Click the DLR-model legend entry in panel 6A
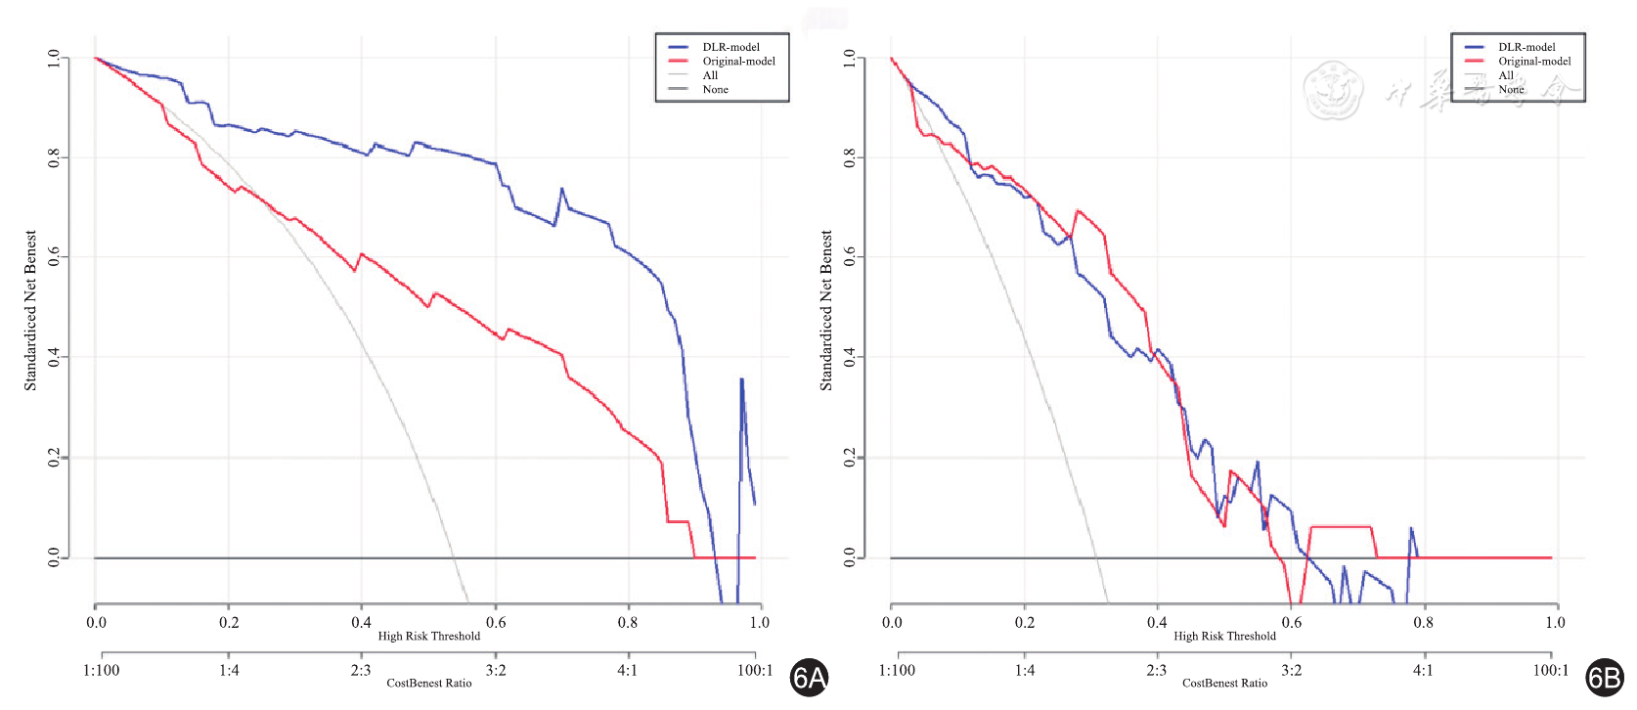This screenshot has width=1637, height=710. [730, 47]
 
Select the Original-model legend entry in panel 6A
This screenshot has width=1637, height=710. [737, 61]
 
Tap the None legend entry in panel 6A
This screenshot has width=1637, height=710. [715, 89]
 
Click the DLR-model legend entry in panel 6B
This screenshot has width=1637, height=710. [1526, 47]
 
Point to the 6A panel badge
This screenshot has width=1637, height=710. [809, 677]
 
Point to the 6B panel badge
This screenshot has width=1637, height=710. [1605, 677]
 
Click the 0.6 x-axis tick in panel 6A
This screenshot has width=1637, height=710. [496, 622]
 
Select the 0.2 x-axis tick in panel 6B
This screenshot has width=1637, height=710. [1025, 622]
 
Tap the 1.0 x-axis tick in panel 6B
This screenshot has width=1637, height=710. [1555, 622]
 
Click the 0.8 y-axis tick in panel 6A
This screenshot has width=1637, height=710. [55, 157]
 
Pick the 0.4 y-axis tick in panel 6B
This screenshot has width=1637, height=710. [851, 357]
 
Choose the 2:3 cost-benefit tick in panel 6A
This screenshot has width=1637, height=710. [361, 670]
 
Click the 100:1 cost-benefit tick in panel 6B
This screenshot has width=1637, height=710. [1550, 670]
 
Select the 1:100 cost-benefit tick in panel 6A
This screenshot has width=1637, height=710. [102, 670]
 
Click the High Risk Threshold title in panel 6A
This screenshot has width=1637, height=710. [428, 636]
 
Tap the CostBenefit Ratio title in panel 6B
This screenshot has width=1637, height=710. [1224, 683]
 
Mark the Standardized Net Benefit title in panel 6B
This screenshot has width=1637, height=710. [826, 311]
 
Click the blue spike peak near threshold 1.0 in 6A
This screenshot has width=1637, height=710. [741, 379]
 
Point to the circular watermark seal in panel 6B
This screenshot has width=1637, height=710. [1333, 90]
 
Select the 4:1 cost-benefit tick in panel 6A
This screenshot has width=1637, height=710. [627, 670]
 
